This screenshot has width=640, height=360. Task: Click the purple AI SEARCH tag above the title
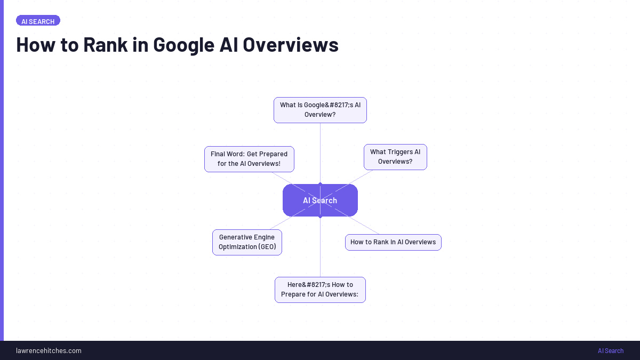pos(38,21)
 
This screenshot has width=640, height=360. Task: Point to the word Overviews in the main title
pos(290,45)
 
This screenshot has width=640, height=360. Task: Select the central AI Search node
pos(320,201)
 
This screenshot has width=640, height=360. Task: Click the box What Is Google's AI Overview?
pos(320,110)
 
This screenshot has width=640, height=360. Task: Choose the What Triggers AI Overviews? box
pos(395,157)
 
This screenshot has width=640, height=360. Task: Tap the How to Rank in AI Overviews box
pos(393,242)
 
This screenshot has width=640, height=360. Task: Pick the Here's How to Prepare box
pos(320,290)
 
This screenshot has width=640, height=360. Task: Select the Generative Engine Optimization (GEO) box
pos(247,242)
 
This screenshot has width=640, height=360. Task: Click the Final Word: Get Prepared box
pos(249,159)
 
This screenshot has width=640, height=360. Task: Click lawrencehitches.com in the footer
pos(49,350)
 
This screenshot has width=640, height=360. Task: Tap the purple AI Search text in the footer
pos(611,350)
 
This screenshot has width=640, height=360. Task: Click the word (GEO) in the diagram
pos(267,247)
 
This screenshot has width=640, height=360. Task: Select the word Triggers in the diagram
pos(400,152)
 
